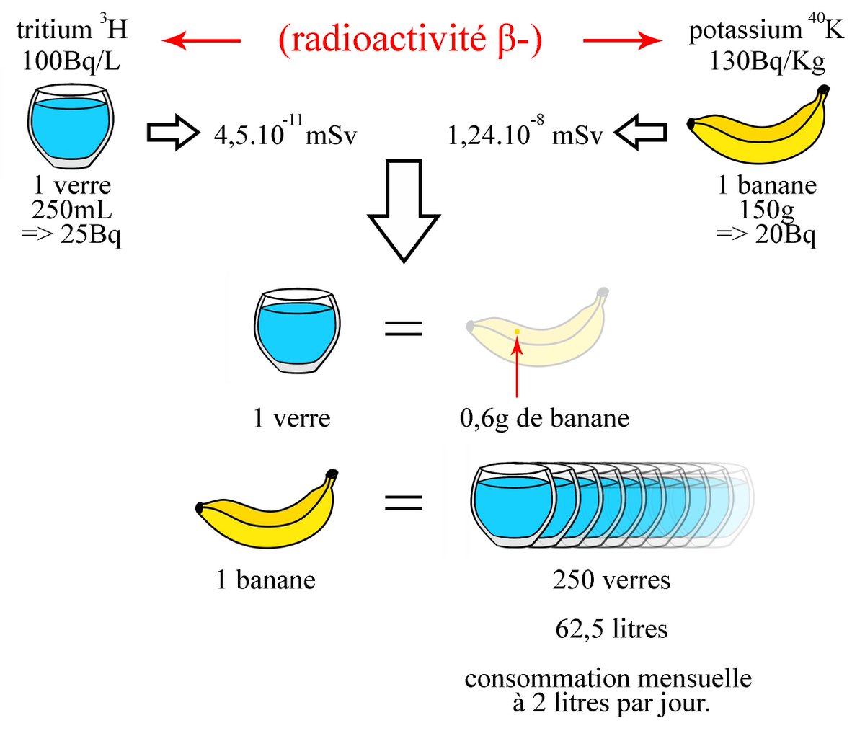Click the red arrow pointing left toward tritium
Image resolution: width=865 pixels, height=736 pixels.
[x=201, y=41]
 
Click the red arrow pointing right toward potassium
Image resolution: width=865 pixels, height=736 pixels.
[x=621, y=41]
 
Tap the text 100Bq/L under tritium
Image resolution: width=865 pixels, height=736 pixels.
[x=71, y=61]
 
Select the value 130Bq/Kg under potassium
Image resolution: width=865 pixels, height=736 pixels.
[x=767, y=61]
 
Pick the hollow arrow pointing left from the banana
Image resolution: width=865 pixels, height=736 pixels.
[x=640, y=133]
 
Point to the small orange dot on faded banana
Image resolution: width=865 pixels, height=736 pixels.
[x=517, y=332]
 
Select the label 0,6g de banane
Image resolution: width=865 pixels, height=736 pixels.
[x=544, y=418]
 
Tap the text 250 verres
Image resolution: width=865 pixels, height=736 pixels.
[x=611, y=580]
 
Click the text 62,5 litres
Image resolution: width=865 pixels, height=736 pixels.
[x=611, y=629]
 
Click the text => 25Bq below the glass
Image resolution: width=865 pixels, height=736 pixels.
[x=71, y=234]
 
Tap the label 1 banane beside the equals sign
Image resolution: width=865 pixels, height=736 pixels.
[x=265, y=580]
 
